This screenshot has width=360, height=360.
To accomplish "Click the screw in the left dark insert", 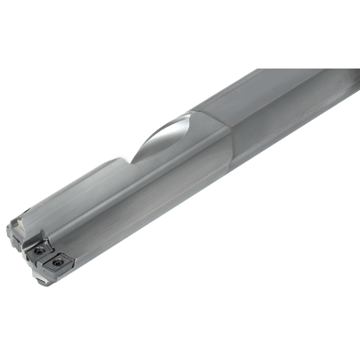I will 39,252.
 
